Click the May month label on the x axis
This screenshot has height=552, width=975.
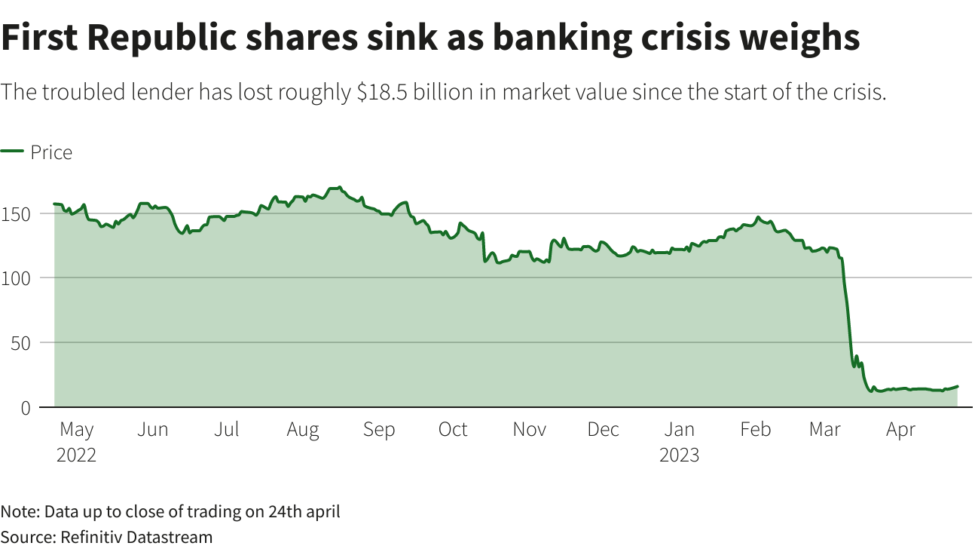[76, 430]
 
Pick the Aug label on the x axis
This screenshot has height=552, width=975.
[303, 430]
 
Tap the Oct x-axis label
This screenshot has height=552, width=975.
[453, 430]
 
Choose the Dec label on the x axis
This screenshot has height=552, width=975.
[603, 430]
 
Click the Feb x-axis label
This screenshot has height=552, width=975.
[755, 430]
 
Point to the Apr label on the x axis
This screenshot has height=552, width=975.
[900, 430]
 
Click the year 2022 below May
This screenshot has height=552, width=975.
[76, 455]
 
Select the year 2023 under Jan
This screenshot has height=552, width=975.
[679, 455]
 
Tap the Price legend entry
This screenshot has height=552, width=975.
[51, 152]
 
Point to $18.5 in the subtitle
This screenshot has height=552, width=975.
[383, 93]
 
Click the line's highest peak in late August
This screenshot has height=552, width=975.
[340, 187]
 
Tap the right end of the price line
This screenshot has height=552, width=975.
[957, 387]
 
